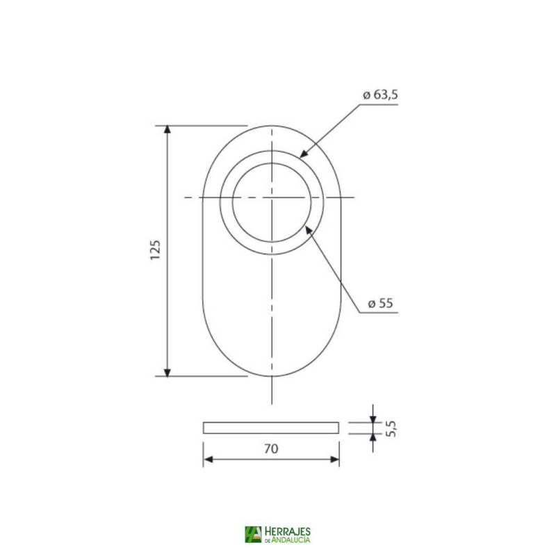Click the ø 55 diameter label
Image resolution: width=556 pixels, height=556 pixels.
click(380, 304)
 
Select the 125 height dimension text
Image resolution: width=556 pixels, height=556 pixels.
click(155, 250)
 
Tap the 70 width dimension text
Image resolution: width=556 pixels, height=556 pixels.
click(271, 450)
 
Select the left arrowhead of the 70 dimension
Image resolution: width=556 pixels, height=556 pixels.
click(207, 460)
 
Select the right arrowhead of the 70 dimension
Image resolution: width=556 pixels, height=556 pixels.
click(335, 460)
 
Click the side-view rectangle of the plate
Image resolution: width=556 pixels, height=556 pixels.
click(271, 427)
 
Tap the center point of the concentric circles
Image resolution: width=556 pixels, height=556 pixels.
click(272, 198)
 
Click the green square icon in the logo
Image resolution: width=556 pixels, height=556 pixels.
click(253, 534)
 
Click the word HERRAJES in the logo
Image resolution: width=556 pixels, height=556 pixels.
click(287, 531)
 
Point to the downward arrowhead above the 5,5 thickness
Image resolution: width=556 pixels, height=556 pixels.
click(373, 418)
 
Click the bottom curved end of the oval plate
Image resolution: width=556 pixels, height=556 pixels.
click(272, 376)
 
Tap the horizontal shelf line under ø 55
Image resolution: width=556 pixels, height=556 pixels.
click(379, 313)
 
